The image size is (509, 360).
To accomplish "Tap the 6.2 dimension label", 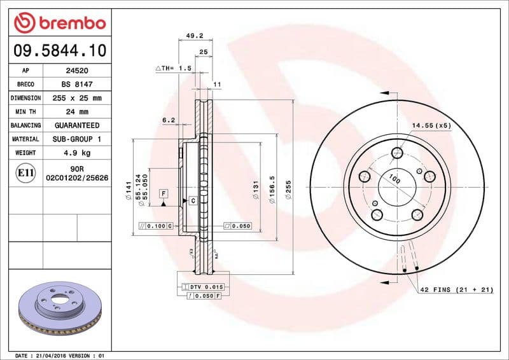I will click(168, 120).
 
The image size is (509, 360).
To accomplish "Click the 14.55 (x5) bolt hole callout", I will click(431, 125).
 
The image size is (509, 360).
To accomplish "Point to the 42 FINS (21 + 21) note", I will click(456, 289).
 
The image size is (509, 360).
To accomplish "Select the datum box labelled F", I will click(164, 193).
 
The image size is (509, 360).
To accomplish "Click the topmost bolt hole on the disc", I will click(398, 153).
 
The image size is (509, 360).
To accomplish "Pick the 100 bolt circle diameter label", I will click(394, 180).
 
